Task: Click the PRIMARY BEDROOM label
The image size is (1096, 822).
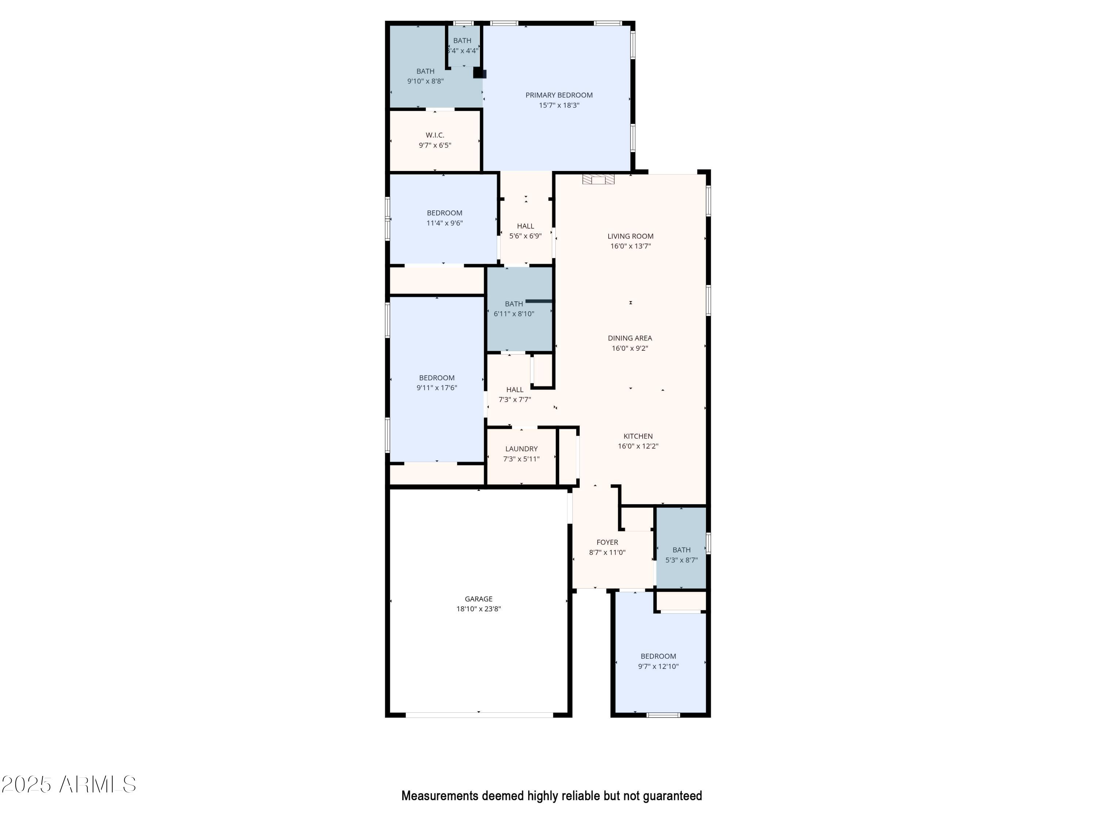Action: (559, 95)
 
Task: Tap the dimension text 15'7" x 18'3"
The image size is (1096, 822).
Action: (559, 106)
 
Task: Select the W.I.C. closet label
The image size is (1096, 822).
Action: (435, 135)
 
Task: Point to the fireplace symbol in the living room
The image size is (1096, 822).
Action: (598, 179)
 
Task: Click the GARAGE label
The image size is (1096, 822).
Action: (479, 599)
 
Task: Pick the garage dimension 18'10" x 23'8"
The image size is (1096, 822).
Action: (479, 609)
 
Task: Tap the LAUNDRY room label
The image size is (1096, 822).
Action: (521, 449)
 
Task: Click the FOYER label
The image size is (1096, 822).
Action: (607, 543)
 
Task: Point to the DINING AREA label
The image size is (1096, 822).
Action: (630, 338)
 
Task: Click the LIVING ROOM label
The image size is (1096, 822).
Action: (630, 236)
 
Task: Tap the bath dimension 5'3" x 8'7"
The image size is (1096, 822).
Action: (681, 560)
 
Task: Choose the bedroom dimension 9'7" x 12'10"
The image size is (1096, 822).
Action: (658, 667)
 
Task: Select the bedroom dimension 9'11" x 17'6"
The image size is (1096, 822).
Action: (437, 388)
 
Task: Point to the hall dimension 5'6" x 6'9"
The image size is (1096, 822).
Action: (525, 236)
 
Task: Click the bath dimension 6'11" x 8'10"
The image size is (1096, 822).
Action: (514, 314)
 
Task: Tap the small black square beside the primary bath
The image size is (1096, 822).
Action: (479, 73)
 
